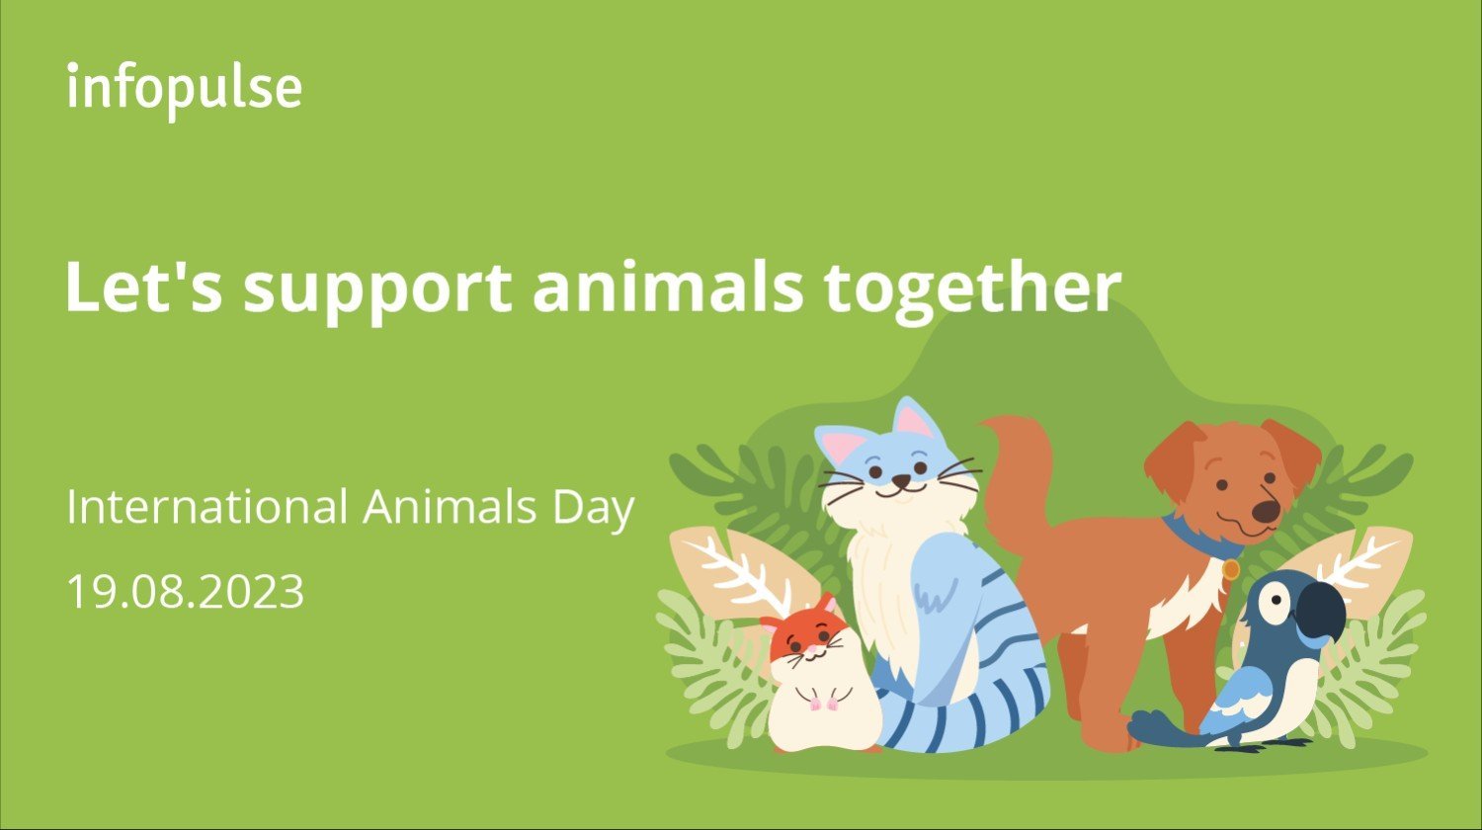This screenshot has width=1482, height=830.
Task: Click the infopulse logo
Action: (185, 91)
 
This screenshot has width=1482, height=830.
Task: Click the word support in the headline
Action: (377, 290)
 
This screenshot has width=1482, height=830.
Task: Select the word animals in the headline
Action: (668, 286)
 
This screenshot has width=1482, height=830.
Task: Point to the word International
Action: (207, 507)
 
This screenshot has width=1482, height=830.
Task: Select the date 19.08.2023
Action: (186, 592)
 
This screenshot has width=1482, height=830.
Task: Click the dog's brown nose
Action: (1266, 510)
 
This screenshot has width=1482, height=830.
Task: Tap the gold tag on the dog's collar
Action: (1231, 569)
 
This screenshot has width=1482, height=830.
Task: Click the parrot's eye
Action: (1275, 602)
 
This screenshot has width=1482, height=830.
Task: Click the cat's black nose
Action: (900, 479)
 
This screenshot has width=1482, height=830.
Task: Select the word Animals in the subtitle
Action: (450, 507)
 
